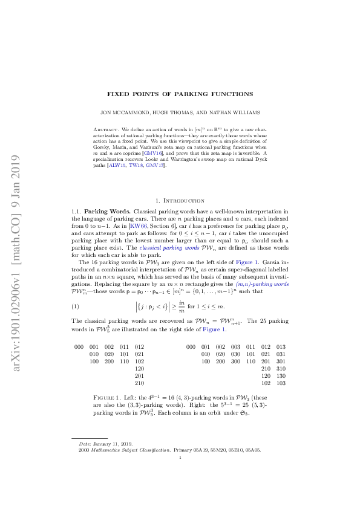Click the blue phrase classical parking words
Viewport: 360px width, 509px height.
(x=163, y=250)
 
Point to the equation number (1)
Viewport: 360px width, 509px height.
(x=76, y=306)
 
